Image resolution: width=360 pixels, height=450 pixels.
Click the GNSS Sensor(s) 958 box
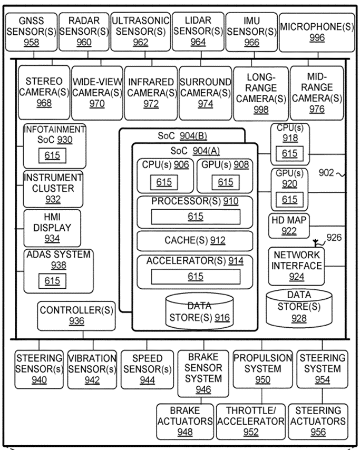tap(31, 32)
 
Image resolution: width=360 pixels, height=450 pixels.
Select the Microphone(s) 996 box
tap(317, 32)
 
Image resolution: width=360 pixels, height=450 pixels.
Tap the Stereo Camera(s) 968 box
tap(44, 92)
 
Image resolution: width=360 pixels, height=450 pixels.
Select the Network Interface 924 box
tap(296, 266)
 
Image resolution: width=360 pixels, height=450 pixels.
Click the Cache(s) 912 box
tap(194, 241)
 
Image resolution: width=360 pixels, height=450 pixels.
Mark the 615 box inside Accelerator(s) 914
tap(196, 276)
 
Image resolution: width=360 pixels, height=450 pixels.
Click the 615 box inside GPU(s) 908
tap(225, 182)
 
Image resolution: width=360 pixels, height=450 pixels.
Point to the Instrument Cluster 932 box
tap(53, 188)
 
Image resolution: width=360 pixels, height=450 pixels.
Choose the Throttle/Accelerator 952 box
tap(251, 421)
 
